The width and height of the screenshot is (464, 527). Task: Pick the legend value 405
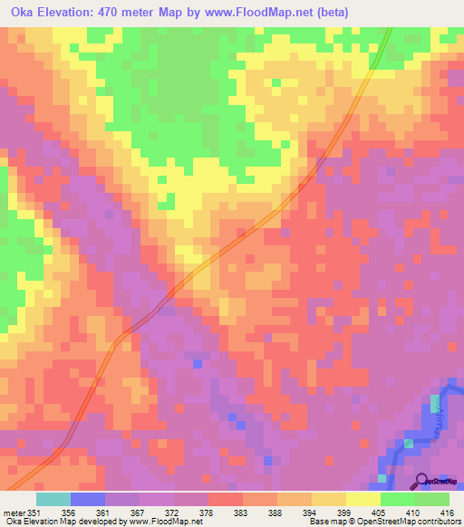pyautogui.click(x=377, y=512)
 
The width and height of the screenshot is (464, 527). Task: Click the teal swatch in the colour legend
pyautogui.click(x=53, y=499)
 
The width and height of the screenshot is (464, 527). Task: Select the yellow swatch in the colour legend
pyautogui.click(x=362, y=499)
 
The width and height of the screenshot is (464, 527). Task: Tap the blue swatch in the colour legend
pyautogui.click(x=87, y=499)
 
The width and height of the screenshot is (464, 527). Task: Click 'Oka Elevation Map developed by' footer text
pyautogui.click(x=63, y=522)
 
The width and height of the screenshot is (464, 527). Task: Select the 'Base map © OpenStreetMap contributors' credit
pyautogui.click(x=380, y=522)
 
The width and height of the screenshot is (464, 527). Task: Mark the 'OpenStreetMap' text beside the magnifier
pyautogui.click(x=443, y=482)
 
